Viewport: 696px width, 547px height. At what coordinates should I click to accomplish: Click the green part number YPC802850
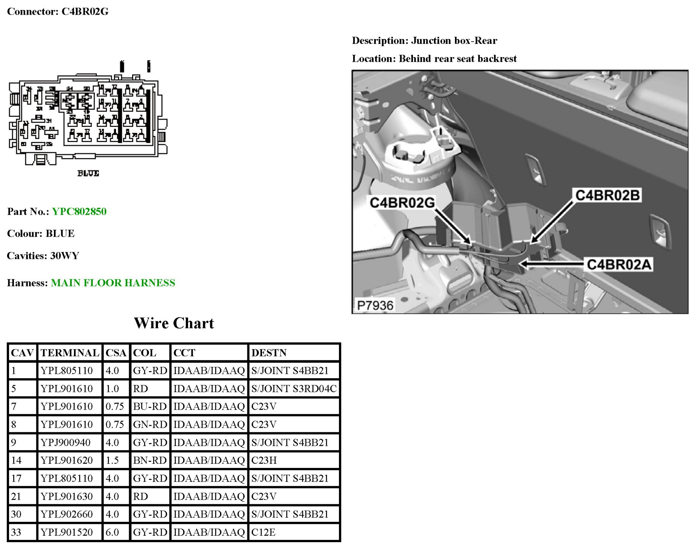(x=79, y=211)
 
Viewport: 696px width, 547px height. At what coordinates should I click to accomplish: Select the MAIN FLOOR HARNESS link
(x=113, y=283)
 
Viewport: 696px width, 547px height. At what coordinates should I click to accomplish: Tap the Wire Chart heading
(x=174, y=323)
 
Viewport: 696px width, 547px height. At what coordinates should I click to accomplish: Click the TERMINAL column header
(x=70, y=353)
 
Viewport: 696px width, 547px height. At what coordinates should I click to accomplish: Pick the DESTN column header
(x=269, y=353)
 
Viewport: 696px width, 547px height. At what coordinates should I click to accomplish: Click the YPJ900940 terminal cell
(x=66, y=442)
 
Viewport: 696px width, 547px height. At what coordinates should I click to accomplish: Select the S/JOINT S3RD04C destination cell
(x=294, y=388)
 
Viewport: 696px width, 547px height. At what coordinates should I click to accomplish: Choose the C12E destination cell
(x=264, y=532)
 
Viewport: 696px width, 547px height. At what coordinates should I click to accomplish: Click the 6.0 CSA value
(x=112, y=532)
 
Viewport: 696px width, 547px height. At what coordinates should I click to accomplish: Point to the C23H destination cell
(x=264, y=460)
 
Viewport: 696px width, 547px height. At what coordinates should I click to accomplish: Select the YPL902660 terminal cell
(x=67, y=514)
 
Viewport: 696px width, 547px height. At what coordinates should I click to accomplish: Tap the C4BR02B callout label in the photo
(x=607, y=195)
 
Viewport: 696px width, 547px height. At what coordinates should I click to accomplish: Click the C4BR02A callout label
(x=619, y=265)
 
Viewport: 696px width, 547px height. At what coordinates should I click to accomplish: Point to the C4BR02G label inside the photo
(x=402, y=202)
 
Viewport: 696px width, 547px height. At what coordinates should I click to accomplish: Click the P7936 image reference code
(x=375, y=305)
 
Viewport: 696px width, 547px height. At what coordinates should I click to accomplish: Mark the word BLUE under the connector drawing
(x=88, y=173)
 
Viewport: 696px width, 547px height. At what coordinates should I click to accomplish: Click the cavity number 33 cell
(x=16, y=532)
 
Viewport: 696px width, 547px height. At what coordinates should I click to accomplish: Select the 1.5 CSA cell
(x=112, y=460)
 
